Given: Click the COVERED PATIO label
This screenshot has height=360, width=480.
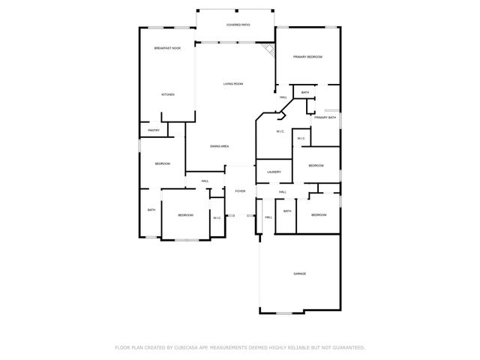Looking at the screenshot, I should tap(238, 25).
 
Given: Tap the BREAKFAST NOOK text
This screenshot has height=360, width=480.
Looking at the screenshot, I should tap(167, 49).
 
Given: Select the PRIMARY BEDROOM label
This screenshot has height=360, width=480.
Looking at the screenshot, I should tap(307, 57).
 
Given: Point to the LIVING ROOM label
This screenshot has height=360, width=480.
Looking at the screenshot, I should tap(232, 83).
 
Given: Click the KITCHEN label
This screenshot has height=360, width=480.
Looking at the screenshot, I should tap(168, 94).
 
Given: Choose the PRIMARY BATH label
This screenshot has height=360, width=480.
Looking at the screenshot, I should tap(325, 118).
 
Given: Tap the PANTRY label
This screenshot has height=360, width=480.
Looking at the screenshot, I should tap(153, 130).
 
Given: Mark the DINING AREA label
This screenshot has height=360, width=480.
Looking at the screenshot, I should tap(219, 145).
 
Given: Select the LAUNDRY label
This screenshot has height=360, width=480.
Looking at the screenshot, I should tap(274, 172).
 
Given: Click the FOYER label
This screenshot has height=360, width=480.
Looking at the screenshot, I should tap(240, 191).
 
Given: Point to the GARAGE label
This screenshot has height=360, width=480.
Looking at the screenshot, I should tap(299, 274).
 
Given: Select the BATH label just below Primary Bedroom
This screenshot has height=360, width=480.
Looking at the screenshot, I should tap(305, 93).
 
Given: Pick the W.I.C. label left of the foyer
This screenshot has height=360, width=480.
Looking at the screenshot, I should tap(216, 218).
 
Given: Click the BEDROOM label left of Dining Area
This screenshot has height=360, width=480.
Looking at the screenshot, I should tap(163, 163).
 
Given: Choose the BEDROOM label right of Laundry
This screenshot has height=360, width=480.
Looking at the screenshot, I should tap(316, 166).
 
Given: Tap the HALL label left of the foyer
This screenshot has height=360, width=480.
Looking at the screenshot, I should tap(204, 181).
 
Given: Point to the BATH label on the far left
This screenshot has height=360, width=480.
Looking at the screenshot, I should tap(151, 210).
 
